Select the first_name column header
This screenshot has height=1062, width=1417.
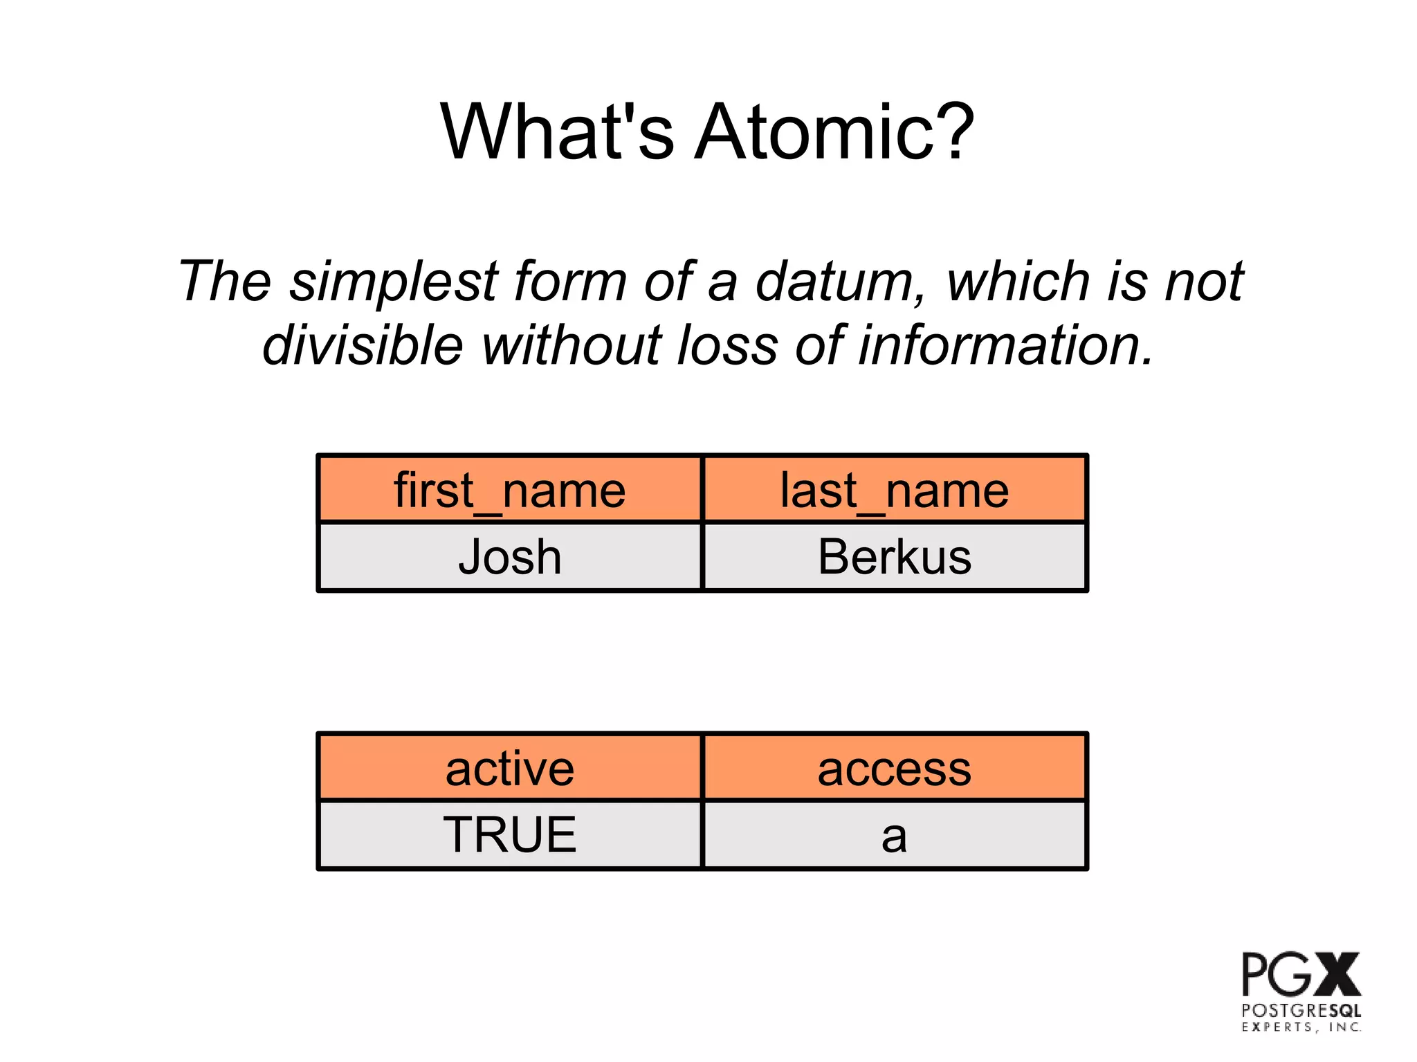pos(510,490)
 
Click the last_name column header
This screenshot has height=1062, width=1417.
pos(895,490)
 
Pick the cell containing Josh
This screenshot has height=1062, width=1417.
pos(510,557)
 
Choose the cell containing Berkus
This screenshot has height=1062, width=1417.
pos(895,557)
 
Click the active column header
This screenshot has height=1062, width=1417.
pos(510,769)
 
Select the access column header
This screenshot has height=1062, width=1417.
pos(895,769)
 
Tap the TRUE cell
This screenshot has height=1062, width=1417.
pos(510,834)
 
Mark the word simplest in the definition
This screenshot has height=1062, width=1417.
pos(394,282)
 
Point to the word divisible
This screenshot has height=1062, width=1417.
pos(363,345)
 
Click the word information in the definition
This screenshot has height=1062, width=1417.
pos(1005,345)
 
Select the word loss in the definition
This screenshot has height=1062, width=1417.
pos(727,345)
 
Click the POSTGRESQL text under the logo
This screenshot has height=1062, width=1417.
pos(1301,1011)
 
